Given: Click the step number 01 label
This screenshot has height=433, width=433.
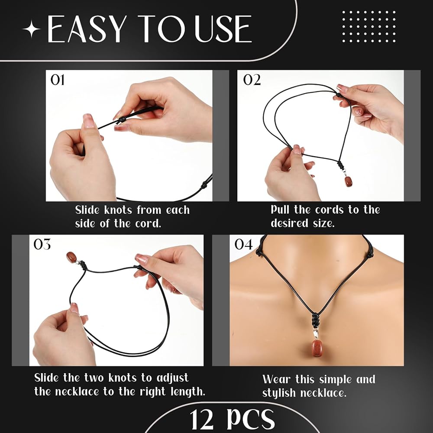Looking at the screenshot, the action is tap(58, 80).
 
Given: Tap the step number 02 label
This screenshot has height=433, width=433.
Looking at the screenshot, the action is tap(252, 80).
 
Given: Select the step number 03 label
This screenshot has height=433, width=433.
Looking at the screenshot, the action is tap(42, 244).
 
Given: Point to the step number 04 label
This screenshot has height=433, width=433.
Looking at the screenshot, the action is tap(243, 244).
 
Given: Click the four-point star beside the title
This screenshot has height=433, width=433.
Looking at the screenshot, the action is tap(32, 29).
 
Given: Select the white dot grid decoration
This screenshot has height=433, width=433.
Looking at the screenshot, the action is tap(368, 26).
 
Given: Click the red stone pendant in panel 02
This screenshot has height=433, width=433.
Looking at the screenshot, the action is tap(349, 181).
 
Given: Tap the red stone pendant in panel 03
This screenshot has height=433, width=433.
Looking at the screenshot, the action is tap(71, 257).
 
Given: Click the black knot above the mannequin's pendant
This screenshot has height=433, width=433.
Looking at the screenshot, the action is tap(315, 320).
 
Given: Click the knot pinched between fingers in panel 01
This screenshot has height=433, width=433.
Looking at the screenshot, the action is tap(122, 120).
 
